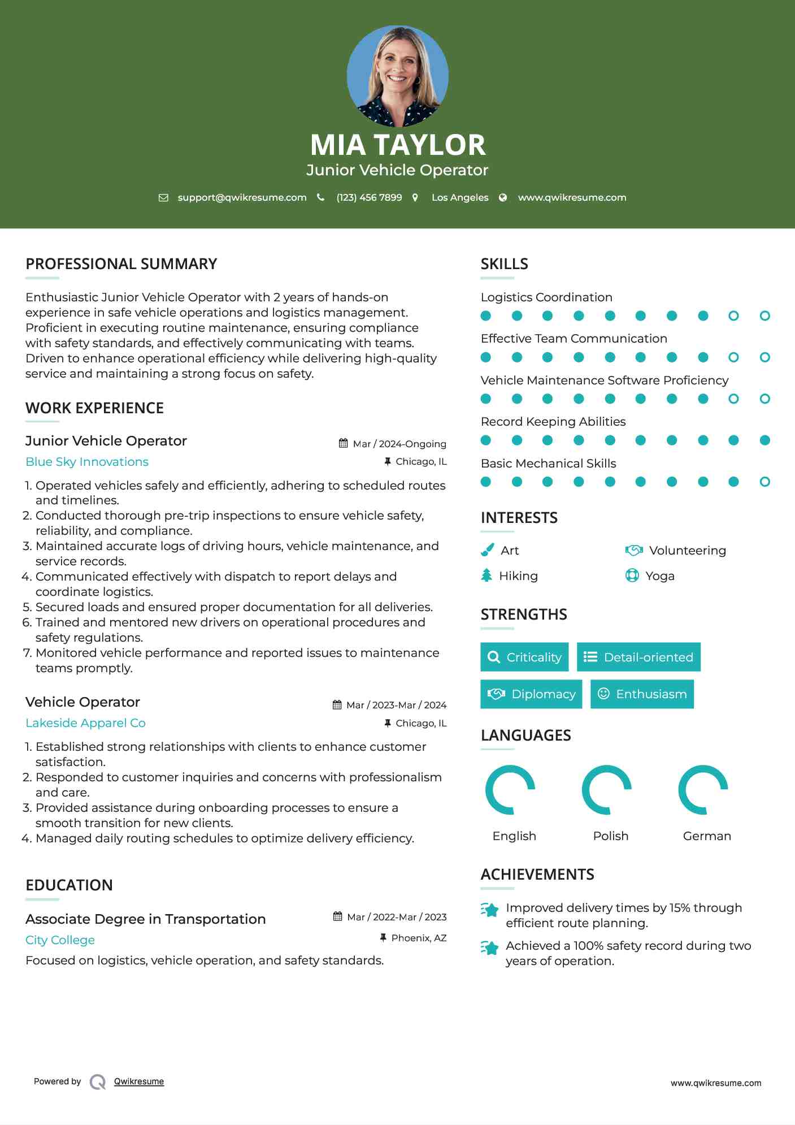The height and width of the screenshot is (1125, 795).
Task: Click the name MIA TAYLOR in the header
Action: point(397,145)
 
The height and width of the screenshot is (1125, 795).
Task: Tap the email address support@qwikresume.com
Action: point(242,197)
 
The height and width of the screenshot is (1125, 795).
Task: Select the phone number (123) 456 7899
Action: point(369,197)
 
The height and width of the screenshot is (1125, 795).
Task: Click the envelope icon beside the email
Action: point(163,198)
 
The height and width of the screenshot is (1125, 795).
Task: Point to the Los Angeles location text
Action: point(459,197)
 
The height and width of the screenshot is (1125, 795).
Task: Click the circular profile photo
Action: point(397,76)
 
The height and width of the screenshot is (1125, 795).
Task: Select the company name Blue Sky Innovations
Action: point(87,462)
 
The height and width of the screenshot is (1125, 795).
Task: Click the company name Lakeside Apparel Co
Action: point(85,723)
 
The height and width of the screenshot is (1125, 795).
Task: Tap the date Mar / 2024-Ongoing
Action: point(399,444)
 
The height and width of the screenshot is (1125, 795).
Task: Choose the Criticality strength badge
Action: point(524,657)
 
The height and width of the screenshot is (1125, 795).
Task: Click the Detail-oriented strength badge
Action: point(638,657)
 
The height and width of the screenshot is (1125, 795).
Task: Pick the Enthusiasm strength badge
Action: point(642,694)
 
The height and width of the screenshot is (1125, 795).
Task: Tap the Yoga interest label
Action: point(659,576)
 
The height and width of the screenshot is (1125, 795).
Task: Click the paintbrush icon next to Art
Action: point(487,550)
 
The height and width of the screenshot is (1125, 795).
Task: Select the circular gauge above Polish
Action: point(606,790)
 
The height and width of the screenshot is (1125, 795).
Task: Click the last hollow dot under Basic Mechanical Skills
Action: point(764,482)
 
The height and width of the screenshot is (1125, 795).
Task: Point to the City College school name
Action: point(60,940)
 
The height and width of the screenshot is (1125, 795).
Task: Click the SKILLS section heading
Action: point(504,264)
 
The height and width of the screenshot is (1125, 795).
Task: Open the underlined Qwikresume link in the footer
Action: point(139,1081)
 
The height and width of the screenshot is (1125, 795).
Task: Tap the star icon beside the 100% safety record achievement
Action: point(490,947)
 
